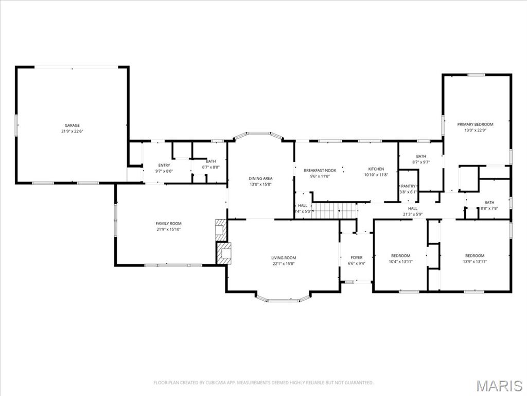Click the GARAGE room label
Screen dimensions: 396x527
pos(72,125)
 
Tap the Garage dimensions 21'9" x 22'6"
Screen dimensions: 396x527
pos(72,131)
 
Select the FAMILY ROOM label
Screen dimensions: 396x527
pos(169,223)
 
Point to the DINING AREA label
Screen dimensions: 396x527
pos(260,178)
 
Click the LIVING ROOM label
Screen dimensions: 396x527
pos(284,258)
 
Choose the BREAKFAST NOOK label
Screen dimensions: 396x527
pos(320,170)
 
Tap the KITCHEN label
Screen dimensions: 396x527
pos(376,169)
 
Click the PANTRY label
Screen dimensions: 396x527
pos(408,186)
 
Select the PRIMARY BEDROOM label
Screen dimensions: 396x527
pos(475,124)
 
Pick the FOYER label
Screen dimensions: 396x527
pos(357,257)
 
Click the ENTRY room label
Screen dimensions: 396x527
pos(164,165)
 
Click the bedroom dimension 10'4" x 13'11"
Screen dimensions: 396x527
pos(400,262)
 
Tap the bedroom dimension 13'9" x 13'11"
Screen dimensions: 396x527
pos(475,262)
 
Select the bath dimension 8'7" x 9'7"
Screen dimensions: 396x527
pos(421,162)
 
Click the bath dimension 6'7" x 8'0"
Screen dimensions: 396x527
pos(210,167)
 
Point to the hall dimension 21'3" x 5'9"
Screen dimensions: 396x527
pos(413,214)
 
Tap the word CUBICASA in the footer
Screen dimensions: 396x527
pos(207,383)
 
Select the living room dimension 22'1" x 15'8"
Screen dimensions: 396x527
pos(284,263)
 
